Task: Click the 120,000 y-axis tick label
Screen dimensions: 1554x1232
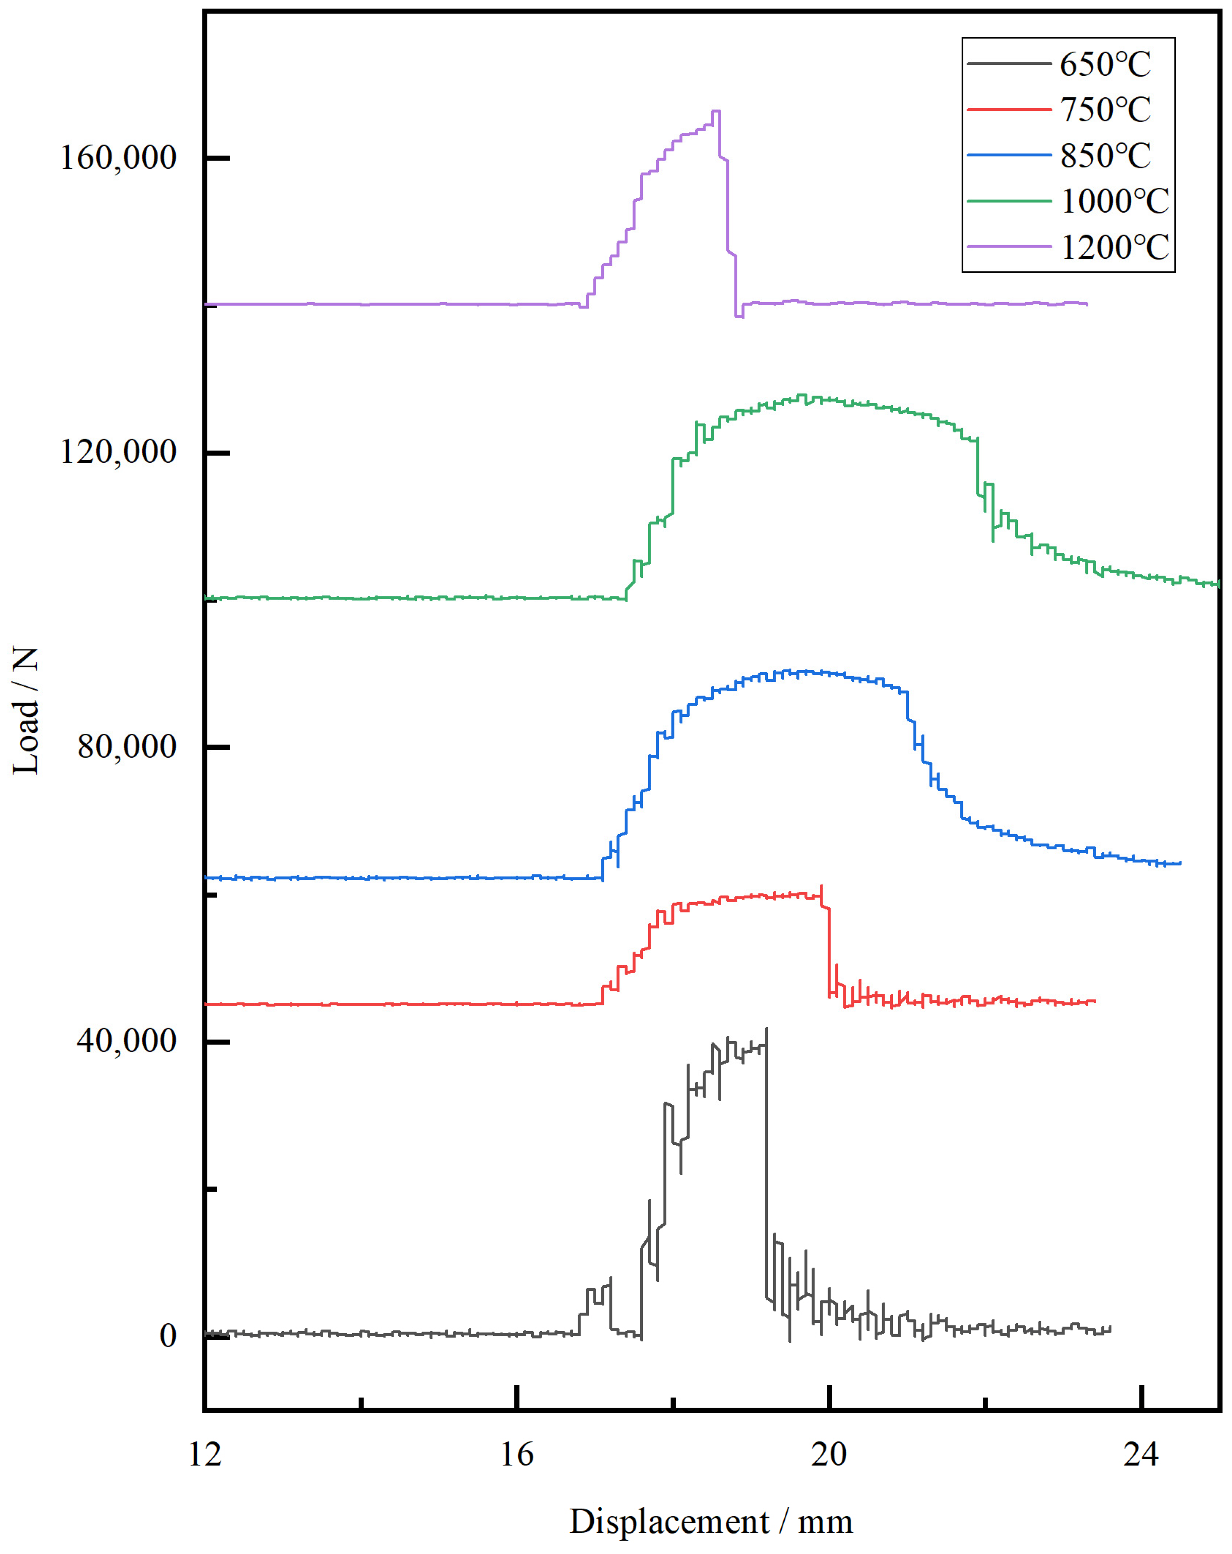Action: [117, 452]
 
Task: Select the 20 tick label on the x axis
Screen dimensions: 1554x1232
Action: [829, 1454]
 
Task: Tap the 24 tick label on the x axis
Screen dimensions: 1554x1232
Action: [1141, 1454]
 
